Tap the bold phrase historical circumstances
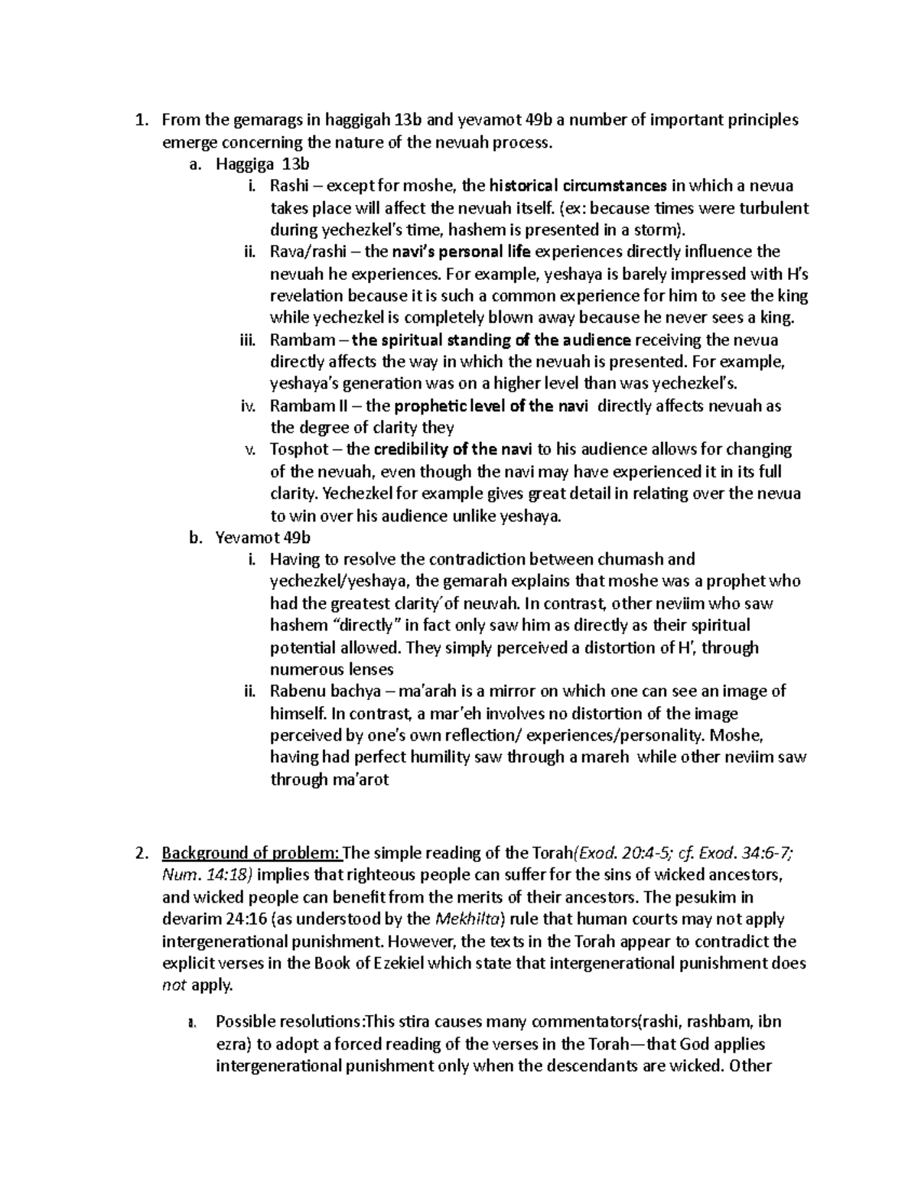coord(578,186)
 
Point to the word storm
coord(660,229)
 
